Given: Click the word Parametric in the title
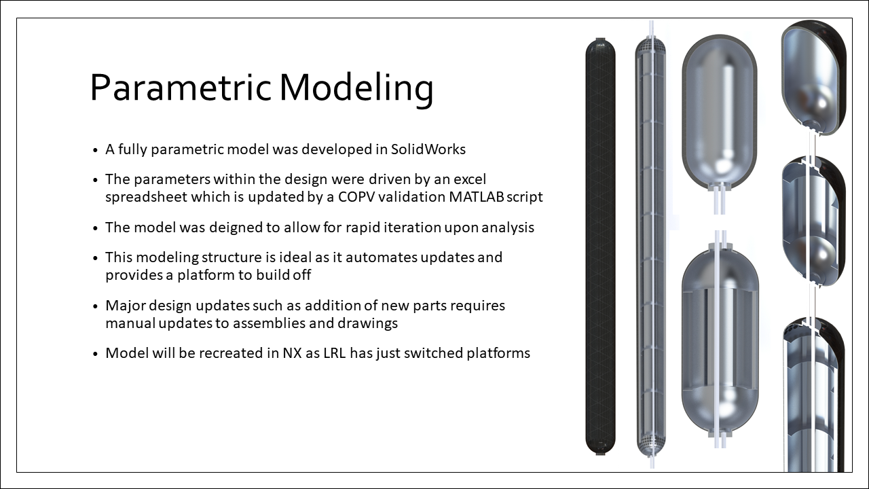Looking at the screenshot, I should click(179, 88).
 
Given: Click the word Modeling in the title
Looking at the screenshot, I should click(356, 88).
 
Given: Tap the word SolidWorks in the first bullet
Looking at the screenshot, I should click(428, 149).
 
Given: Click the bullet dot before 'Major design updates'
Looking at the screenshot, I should click(95, 306).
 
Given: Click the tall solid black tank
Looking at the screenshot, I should click(600, 244).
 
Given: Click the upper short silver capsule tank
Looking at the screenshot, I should click(718, 115).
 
